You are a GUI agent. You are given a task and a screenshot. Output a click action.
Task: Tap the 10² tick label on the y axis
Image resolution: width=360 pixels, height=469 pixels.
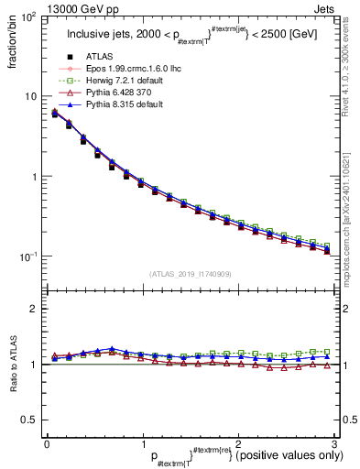pyautogui.click(x=29, y=17)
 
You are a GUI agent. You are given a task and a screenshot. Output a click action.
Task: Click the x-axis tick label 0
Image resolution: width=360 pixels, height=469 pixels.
pyautogui.click(x=47, y=444)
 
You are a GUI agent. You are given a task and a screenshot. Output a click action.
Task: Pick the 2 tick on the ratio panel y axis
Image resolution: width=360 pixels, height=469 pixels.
pyautogui.click(x=34, y=310)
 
